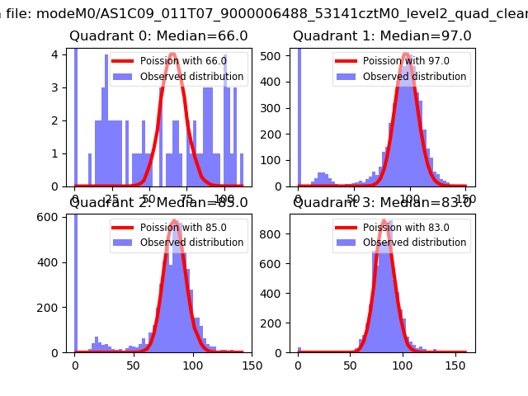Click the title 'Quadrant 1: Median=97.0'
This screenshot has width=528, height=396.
(382, 36)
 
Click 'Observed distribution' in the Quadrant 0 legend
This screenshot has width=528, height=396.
(192, 77)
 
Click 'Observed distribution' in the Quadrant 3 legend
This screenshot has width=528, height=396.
(415, 243)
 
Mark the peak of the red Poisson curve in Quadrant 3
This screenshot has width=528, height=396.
(384, 221)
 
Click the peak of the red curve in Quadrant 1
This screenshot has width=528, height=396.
(407, 54)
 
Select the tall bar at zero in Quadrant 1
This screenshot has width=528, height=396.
(299, 115)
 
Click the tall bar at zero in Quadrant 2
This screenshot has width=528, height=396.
(75, 280)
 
